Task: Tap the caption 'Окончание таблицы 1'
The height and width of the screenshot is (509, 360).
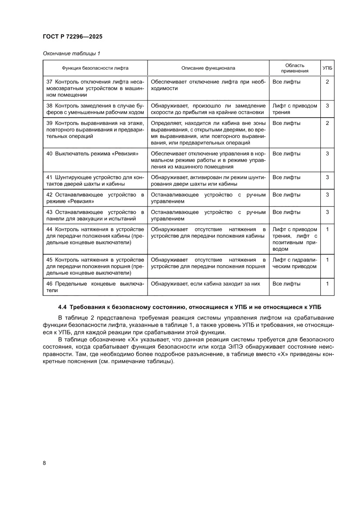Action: tap(71, 54)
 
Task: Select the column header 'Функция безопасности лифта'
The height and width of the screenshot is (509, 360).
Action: tap(95, 68)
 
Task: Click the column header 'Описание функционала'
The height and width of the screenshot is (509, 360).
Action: tap(208, 68)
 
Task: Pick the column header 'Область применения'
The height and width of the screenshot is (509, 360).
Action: tap(294, 68)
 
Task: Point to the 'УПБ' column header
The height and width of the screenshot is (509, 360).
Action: tap(327, 68)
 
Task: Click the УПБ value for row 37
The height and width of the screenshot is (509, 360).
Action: tap(327, 81)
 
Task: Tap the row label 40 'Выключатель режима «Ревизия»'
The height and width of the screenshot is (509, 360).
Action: tap(92, 154)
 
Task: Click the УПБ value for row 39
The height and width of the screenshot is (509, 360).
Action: tap(327, 123)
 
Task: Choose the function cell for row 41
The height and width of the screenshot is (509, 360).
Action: tap(95, 180)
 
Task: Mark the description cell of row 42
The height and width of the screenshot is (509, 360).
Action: tap(208, 198)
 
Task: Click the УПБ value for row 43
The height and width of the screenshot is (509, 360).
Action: tap(327, 212)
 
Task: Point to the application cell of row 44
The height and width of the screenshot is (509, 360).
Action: tap(294, 239)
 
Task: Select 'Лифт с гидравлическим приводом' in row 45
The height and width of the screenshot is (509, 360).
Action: tap(294, 263)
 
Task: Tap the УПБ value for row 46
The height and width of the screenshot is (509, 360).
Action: tap(327, 283)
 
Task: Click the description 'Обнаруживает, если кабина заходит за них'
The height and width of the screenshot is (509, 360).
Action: tap(205, 283)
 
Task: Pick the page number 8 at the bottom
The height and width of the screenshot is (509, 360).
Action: tap(44, 463)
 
